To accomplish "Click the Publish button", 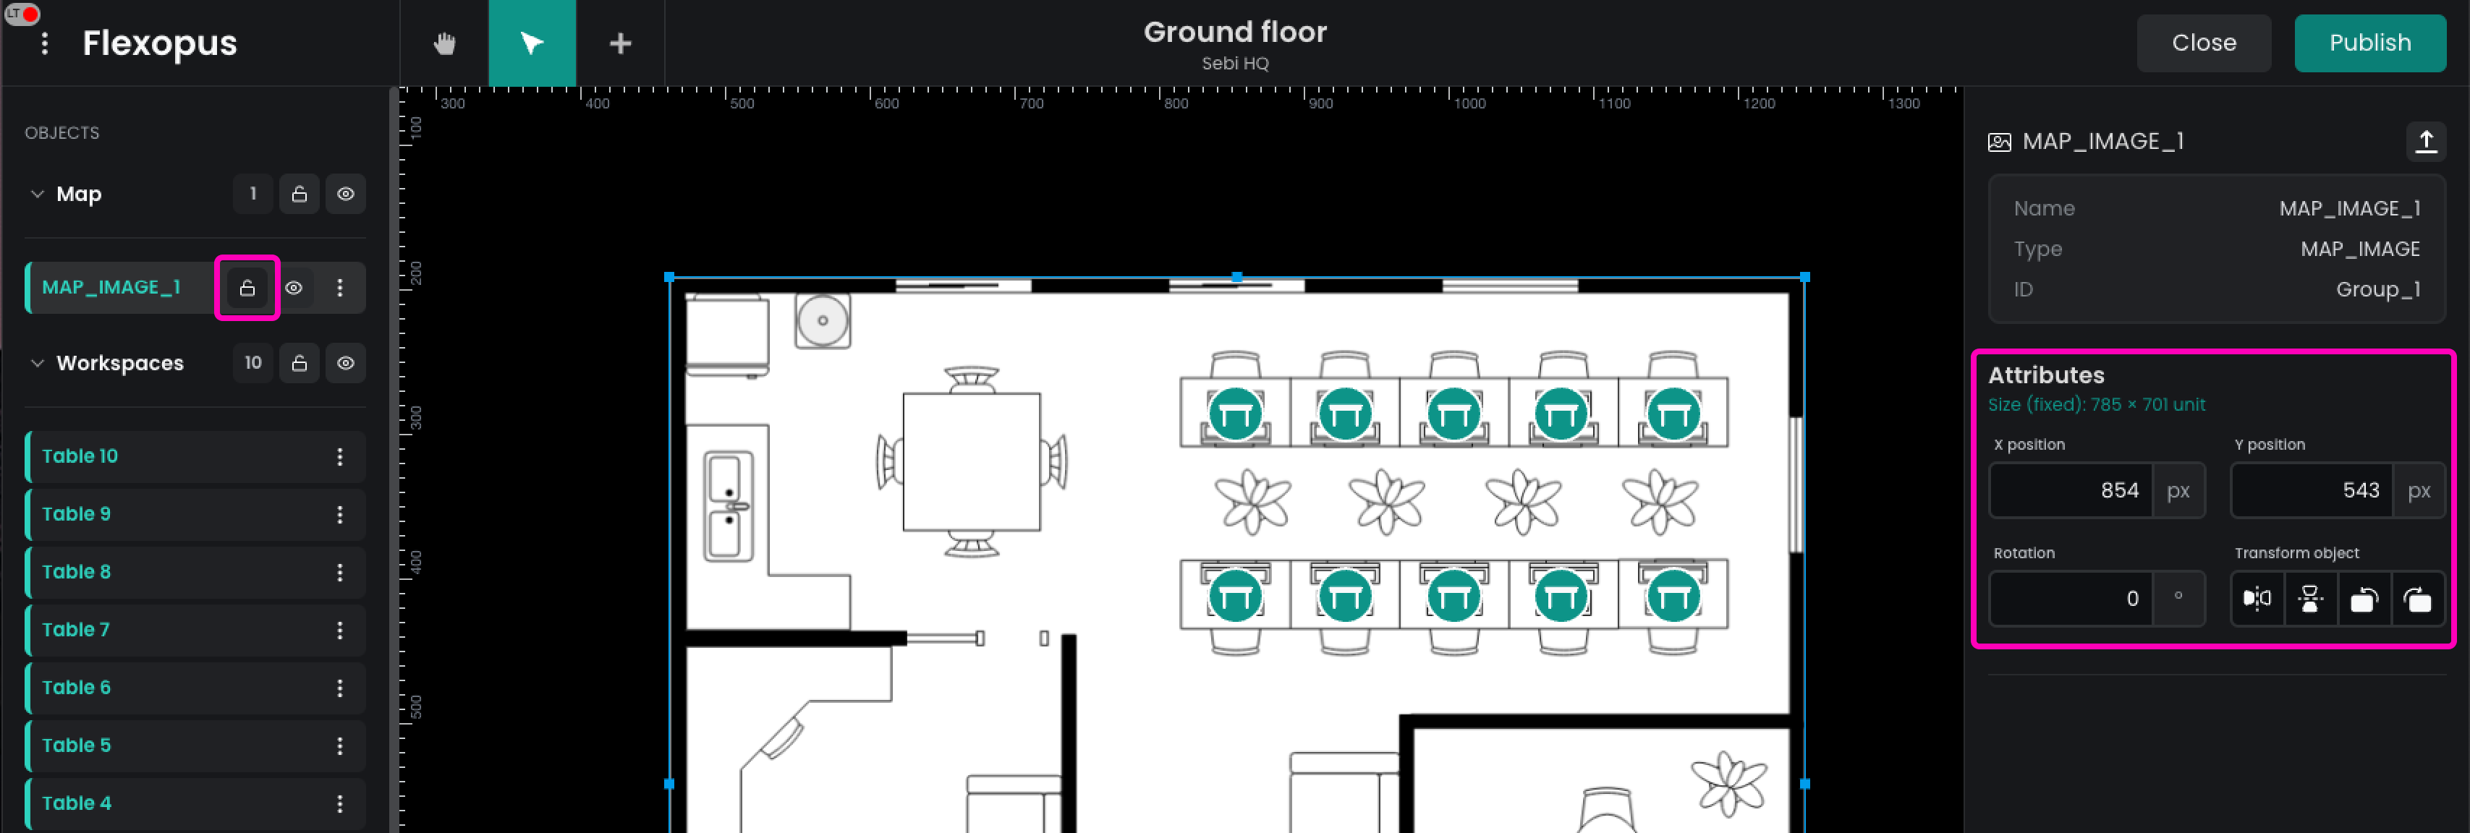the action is [2369, 43].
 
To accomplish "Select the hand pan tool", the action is [444, 43].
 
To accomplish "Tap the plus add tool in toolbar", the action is [620, 43].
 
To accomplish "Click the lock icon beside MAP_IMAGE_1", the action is [247, 288].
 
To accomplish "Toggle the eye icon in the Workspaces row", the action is [345, 363].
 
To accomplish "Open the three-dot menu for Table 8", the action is [339, 572].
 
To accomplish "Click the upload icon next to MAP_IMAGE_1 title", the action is [2426, 142].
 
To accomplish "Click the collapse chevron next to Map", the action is [38, 194].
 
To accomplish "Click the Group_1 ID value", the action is [2378, 289].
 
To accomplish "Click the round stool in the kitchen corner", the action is [823, 320].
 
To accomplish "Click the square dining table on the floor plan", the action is [972, 462].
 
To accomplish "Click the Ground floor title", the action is [1235, 33].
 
